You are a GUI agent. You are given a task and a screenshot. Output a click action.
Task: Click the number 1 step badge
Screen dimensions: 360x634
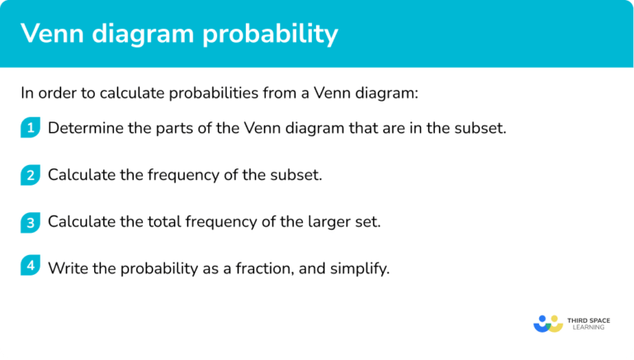pos(31,128)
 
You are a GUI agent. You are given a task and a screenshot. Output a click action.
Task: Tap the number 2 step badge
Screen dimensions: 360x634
pos(31,175)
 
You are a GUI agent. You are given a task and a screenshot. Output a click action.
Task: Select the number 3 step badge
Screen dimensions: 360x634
pos(31,221)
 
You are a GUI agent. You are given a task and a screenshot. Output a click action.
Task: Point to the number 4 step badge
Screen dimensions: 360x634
pos(31,268)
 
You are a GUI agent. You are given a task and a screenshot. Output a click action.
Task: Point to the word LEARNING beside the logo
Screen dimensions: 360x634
pos(587,328)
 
